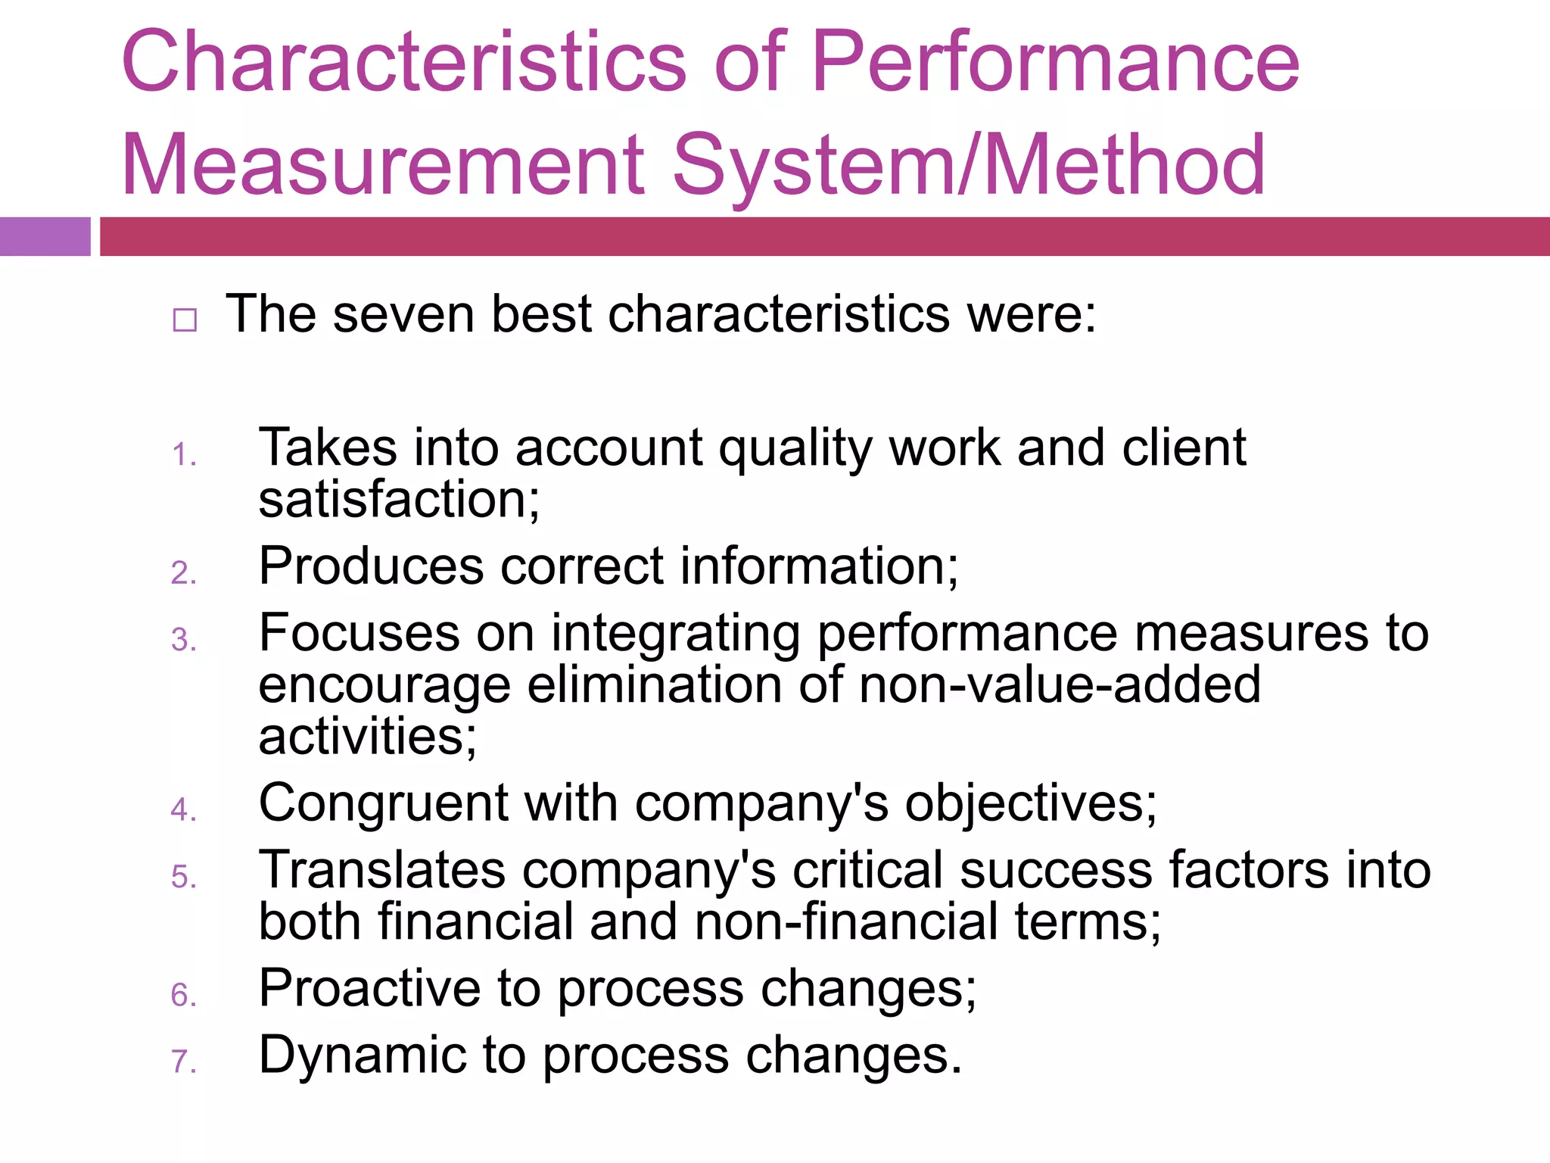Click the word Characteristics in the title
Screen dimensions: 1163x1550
tap(403, 62)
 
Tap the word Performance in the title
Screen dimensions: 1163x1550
tap(1055, 62)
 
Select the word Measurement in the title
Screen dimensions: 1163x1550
tap(383, 165)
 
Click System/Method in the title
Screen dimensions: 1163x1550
tap(969, 165)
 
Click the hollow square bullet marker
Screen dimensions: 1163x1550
tap(185, 320)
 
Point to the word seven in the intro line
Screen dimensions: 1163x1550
tap(403, 314)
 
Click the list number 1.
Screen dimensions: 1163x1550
tap(184, 455)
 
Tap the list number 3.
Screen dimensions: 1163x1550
tap(184, 640)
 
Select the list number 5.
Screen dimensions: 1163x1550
tap(184, 877)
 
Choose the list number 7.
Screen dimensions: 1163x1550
tap(184, 1062)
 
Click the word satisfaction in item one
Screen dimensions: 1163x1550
tap(399, 500)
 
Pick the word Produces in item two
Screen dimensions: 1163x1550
tap(371, 566)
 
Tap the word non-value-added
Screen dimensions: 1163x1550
tap(1060, 684)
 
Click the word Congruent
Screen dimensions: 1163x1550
tap(383, 803)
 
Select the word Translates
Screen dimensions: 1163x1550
tap(382, 869)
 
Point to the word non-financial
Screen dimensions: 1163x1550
tap(846, 921)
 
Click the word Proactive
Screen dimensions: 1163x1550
tap(369, 988)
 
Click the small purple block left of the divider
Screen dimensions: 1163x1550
tap(45, 236)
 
